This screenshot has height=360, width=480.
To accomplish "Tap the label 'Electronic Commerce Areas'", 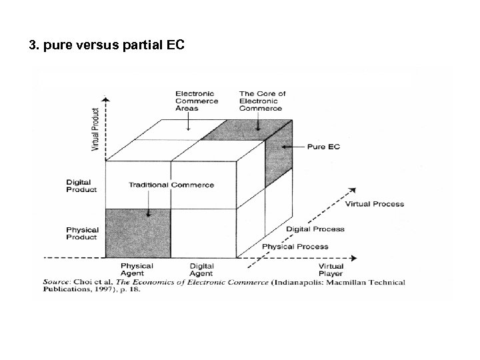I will [196, 101].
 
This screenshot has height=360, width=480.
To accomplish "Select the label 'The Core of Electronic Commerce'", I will [262, 101].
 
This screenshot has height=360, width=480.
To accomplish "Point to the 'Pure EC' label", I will [324, 146].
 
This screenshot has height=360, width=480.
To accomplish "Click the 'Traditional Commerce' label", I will [171, 185].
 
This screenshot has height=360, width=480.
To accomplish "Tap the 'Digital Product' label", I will [81, 185].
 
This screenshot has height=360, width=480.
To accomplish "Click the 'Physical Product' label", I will [81, 234].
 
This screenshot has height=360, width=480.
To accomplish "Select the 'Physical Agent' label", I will [137, 269].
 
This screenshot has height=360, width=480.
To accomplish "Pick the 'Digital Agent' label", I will [201, 269].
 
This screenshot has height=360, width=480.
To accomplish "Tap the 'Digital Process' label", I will [315, 229].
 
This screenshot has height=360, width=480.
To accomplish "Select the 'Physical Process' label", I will [295, 247].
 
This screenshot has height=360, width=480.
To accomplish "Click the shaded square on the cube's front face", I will [138, 233].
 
